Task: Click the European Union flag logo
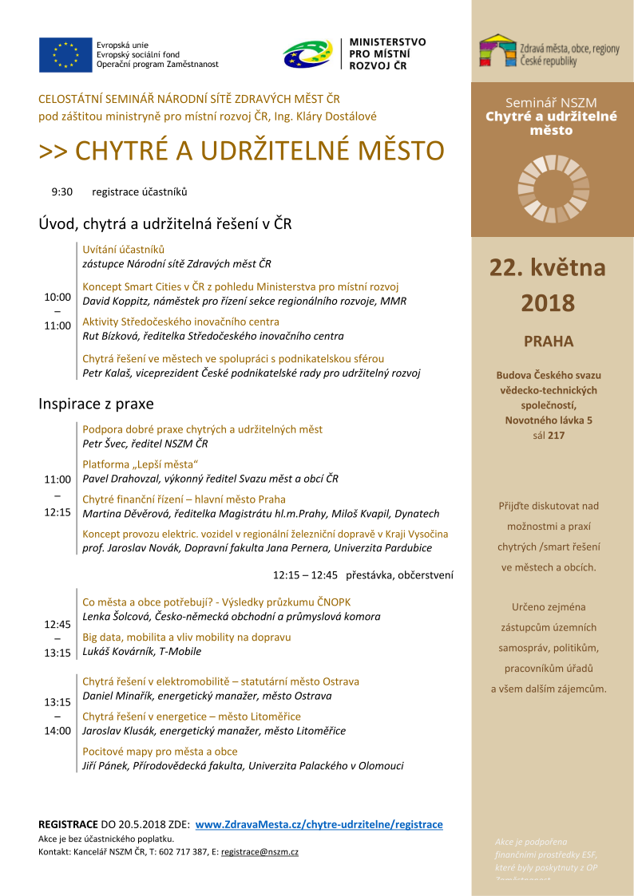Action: click(65, 54)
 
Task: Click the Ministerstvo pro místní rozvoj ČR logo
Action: click(307, 53)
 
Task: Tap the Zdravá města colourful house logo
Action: click(497, 50)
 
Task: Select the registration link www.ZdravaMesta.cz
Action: click(319, 824)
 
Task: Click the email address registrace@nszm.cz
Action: click(260, 852)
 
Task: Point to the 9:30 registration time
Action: click(61, 191)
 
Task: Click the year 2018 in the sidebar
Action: click(548, 303)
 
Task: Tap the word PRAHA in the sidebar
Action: click(549, 341)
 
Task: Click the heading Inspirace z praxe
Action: click(96, 404)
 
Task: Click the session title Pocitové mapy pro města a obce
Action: click(160, 752)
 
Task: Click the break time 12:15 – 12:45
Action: click(305, 574)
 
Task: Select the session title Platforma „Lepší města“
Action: click(140, 464)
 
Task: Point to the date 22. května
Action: click(548, 267)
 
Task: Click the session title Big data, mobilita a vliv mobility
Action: click(186, 637)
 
